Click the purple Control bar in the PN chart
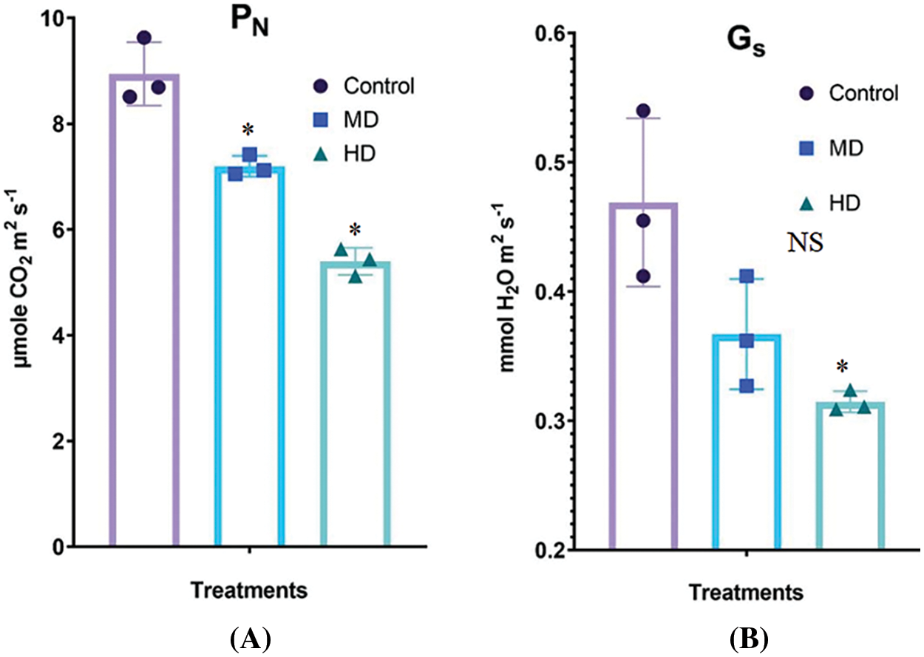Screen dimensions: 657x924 [144, 310]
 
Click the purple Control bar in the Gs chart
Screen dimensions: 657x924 [643, 376]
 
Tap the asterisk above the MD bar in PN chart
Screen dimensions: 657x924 [248, 131]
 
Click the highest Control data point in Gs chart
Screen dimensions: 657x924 [643, 111]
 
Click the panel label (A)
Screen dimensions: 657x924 [249, 636]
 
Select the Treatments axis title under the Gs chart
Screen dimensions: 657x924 [747, 593]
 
